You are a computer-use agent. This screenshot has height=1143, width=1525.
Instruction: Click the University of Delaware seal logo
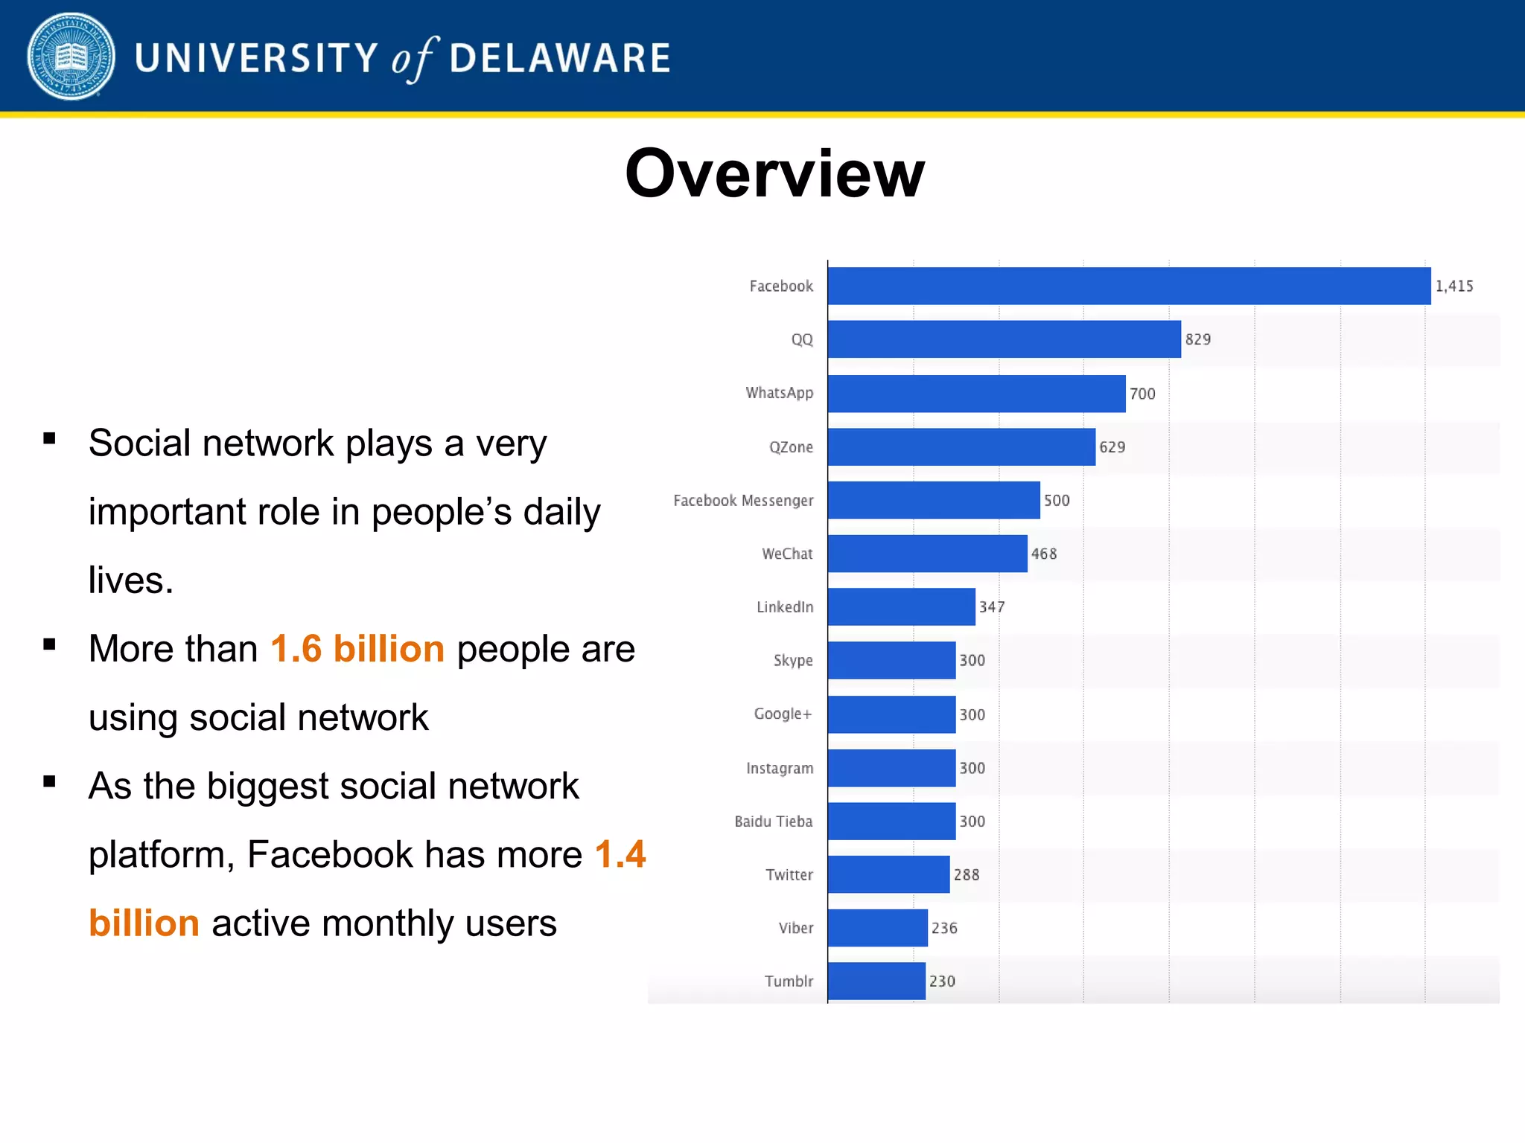[x=71, y=57]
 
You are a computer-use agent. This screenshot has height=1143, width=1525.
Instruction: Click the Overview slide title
[x=774, y=173]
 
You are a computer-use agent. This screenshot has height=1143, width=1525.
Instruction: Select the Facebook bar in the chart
[x=1129, y=286]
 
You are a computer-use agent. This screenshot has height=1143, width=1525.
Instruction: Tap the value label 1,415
[x=1454, y=286]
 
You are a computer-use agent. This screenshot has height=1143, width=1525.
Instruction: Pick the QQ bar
[x=1005, y=339]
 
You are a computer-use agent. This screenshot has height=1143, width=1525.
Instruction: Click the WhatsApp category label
[x=780, y=393]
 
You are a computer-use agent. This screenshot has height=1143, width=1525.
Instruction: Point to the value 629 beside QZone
[x=1112, y=447]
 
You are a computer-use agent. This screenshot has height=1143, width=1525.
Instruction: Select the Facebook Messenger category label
[x=743, y=501]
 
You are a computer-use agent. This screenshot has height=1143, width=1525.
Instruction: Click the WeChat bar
[x=928, y=554]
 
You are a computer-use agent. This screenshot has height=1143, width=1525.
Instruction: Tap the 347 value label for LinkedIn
[x=992, y=607]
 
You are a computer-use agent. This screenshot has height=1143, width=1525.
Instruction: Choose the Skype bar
[x=891, y=660]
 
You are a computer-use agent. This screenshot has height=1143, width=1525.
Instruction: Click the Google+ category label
[x=783, y=714]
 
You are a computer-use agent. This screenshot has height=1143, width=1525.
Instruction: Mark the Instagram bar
[x=891, y=768]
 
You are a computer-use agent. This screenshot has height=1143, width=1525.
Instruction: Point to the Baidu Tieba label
[x=774, y=822]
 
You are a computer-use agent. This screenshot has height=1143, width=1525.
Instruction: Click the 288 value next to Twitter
[x=967, y=875]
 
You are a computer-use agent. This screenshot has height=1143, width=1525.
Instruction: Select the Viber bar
[x=878, y=928]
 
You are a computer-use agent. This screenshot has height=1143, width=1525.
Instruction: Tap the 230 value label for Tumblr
[x=942, y=982]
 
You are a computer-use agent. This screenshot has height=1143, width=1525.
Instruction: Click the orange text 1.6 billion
[x=357, y=649]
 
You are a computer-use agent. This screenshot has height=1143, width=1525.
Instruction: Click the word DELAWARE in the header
[x=560, y=59]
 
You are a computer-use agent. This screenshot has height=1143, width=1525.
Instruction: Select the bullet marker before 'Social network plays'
[x=50, y=438]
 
